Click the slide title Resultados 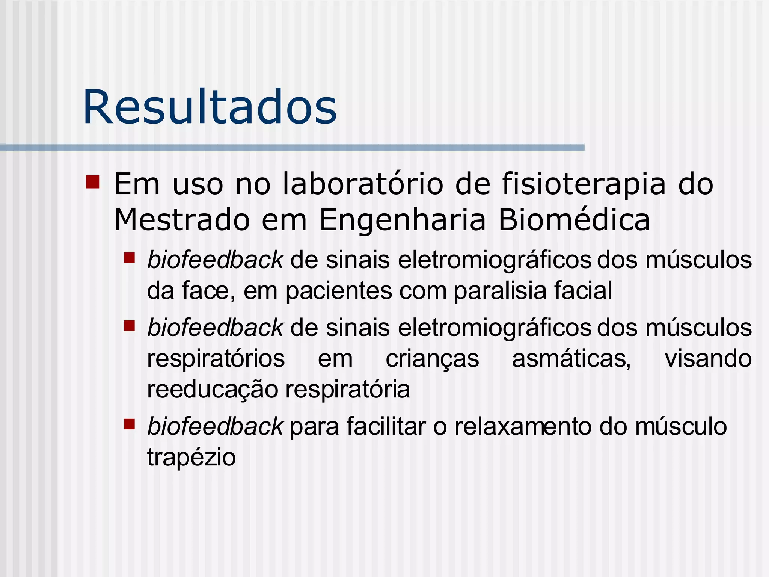pyautogui.click(x=210, y=107)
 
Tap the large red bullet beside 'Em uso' pyautogui.click(x=92, y=182)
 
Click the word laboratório pyautogui.click(x=363, y=184)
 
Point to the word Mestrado pyautogui.click(x=182, y=220)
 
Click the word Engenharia pyautogui.click(x=403, y=221)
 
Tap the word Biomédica pyautogui.click(x=574, y=220)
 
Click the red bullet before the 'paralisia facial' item pyautogui.click(x=130, y=258)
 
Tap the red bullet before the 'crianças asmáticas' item pyautogui.click(x=130, y=325)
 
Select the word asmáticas pyautogui.click(x=571, y=359)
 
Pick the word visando pyautogui.click(x=708, y=358)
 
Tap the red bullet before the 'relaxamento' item pyautogui.click(x=130, y=424)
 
